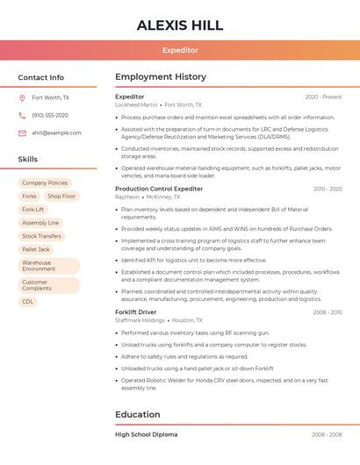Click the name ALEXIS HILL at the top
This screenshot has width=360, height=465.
180,25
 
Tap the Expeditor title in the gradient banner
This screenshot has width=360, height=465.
180,50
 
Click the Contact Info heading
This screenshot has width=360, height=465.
41,77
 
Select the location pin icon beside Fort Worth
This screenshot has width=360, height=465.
22,98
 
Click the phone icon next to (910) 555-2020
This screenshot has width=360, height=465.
22,116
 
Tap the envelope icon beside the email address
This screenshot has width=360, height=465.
22,133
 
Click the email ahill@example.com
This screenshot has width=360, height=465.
56,133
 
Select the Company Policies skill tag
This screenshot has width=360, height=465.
45,183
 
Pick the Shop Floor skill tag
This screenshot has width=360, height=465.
61,197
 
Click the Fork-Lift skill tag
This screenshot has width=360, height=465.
32,210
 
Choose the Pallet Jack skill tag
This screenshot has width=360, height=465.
36,249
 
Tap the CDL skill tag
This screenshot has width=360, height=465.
28,302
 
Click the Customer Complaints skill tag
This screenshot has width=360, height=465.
37,284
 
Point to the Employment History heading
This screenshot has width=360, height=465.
161,77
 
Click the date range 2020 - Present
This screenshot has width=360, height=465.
323,97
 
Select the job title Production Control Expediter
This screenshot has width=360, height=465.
159,189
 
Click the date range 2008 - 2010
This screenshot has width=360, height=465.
328,312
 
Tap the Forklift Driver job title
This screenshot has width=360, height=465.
136,312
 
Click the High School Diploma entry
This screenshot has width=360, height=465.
146,434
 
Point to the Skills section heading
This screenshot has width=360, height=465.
28,160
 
